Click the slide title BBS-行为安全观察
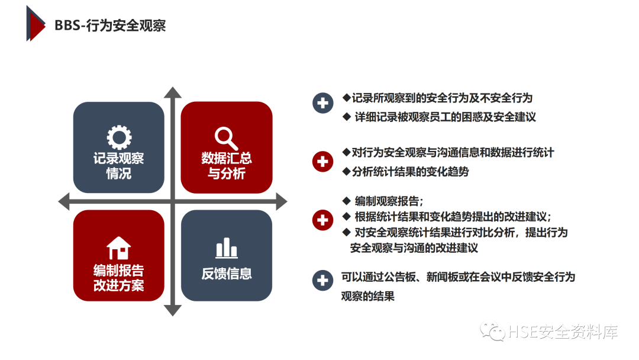pos(110,25)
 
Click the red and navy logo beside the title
pos(35,24)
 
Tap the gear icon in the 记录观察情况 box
pos(119,137)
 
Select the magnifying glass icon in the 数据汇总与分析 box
pos(226,138)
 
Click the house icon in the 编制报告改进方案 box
pos(119,247)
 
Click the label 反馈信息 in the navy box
pos(227,274)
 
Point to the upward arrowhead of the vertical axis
pos(172,92)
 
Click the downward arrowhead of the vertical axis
pos(172,310)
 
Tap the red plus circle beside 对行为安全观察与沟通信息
pos(322,161)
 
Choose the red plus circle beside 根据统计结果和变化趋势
pos(322,220)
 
